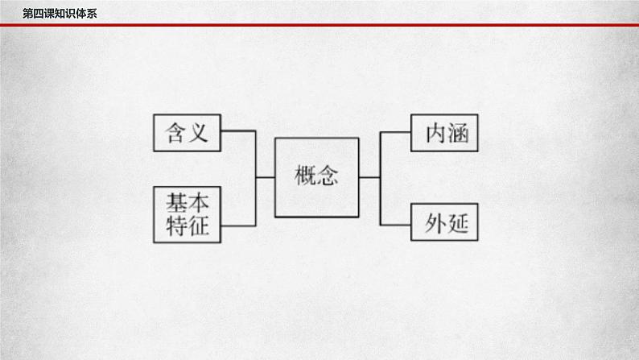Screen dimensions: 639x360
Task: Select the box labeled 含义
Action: tap(187, 132)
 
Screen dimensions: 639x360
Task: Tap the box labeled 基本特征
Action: tap(187, 214)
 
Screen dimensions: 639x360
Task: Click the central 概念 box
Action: tap(315, 177)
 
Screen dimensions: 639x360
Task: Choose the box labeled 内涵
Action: tap(444, 132)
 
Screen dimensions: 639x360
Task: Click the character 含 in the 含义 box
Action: tap(175, 132)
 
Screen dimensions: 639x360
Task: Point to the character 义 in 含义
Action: tap(199, 132)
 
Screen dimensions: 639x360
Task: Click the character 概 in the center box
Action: tap(303, 177)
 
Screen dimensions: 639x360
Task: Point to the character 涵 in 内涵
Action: tap(457, 132)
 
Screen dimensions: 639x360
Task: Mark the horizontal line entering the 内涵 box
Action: tap(394, 132)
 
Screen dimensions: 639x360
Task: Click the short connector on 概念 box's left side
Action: tap(266, 177)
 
